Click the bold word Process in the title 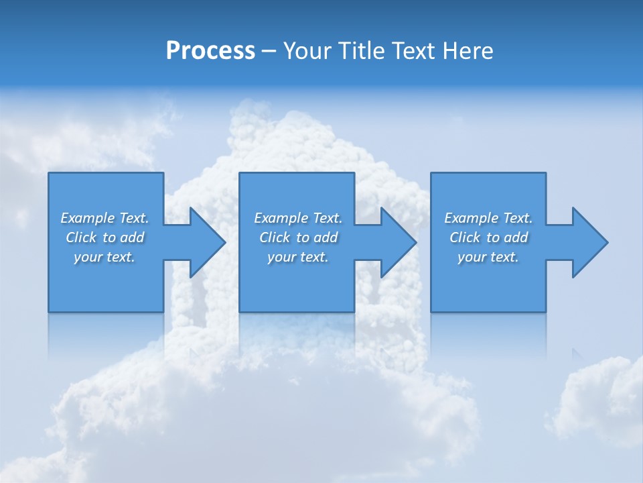pos(210,51)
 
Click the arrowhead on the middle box pos(397,242)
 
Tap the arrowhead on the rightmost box pos(589,242)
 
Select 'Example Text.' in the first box pos(104,218)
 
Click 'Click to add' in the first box pos(104,237)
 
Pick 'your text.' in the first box pos(104,257)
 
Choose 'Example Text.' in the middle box pos(298,218)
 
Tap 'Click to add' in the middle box pos(298,237)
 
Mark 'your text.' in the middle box pos(298,257)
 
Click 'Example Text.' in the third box pos(488,218)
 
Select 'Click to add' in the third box pos(488,237)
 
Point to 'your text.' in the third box pos(488,257)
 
